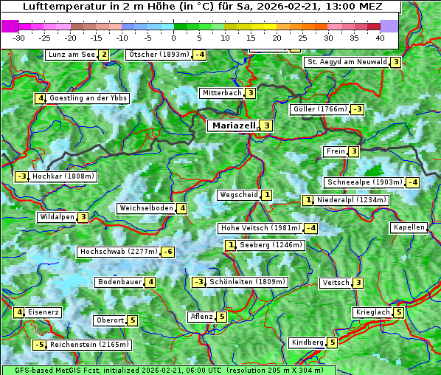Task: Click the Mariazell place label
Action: (233, 125)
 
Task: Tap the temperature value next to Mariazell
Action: (266, 125)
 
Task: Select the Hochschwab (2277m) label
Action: (119, 252)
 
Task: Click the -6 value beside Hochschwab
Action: (169, 252)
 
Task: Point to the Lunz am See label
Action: (72, 55)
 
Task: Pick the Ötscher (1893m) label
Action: (159, 55)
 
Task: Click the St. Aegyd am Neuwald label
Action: (347, 62)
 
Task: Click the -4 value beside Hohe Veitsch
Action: (311, 228)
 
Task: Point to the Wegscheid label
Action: (238, 195)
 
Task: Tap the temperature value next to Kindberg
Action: (333, 343)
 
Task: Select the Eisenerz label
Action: (43, 312)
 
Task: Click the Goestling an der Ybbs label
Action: (88, 98)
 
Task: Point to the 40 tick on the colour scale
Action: (380, 37)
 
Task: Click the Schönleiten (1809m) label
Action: (247, 282)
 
